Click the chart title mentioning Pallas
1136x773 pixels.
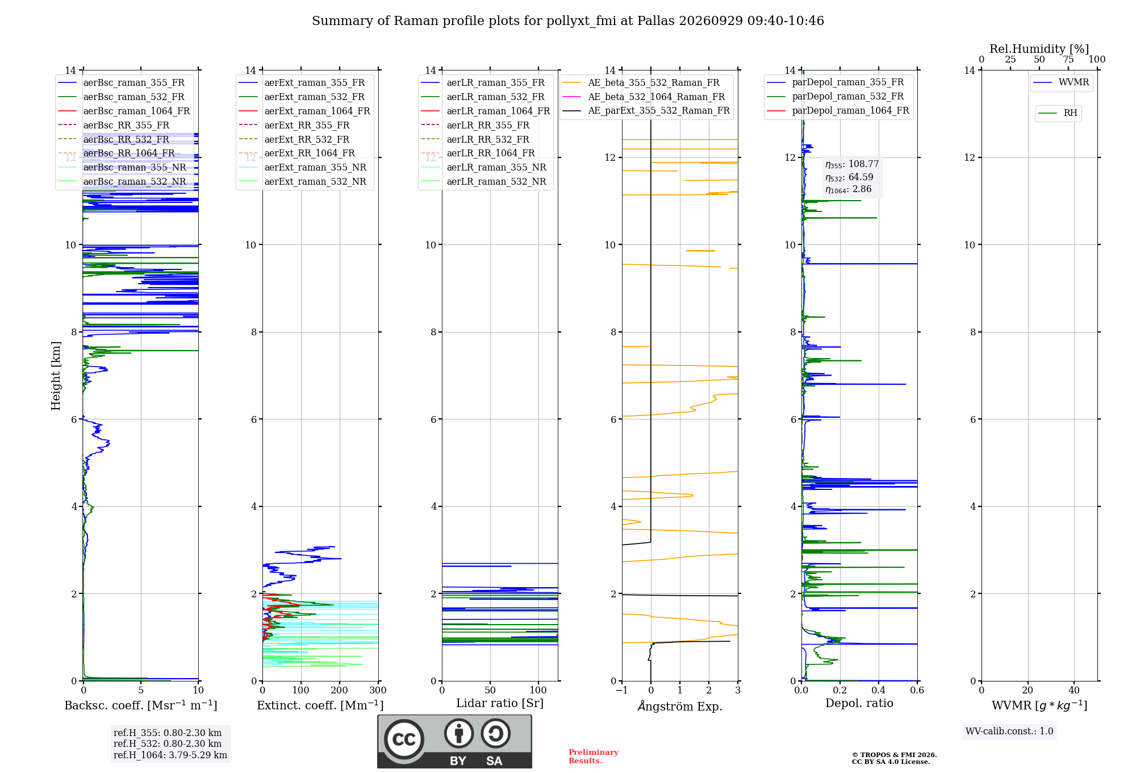(568, 21)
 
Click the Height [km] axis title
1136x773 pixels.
(56, 376)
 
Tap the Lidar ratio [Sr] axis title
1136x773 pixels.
(500, 703)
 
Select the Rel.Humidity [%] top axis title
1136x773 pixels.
(1039, 49)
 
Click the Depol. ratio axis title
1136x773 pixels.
(859, 703)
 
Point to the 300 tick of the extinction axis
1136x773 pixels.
(378, 690)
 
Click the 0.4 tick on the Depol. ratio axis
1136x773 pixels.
(879, 690)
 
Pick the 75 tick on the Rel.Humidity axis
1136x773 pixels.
(1068, 59)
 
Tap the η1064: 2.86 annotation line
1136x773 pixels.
(848, 189)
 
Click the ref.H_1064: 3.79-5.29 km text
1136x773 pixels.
(170, 755)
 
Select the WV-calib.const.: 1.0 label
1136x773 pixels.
(1009, 731)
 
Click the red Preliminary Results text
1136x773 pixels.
(594, 757)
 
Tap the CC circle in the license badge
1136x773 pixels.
(404, 739)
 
